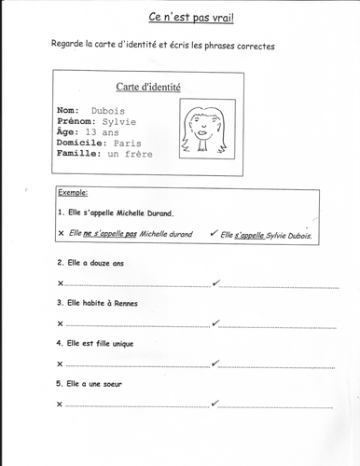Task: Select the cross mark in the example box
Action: coord(61,234)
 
